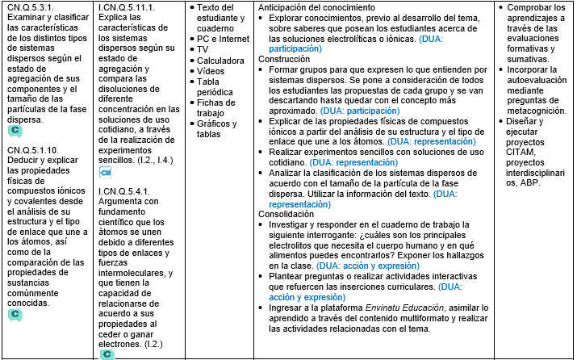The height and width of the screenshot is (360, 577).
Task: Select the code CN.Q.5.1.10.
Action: (34, 150)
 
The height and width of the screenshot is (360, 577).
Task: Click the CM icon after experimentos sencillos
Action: (105, 172)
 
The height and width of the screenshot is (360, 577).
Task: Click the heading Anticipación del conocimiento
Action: (317, 6)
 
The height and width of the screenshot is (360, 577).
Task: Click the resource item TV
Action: (204, 49)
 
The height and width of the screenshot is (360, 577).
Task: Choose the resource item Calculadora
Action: (222, 61)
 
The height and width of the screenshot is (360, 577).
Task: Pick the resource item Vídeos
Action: (211, 71)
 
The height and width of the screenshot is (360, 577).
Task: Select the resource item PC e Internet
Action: (223, 39)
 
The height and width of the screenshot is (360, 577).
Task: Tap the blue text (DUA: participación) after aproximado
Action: (360, 111)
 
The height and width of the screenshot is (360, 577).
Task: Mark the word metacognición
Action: (534, 111)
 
